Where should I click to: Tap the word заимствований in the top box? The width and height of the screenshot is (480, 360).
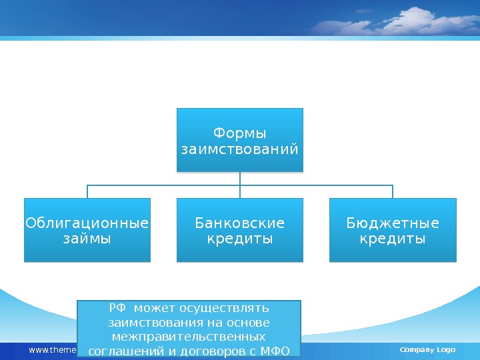(x=239, y=148)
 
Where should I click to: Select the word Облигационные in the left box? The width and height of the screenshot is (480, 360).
(x=87, y=223)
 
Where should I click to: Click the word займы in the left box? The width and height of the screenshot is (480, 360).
(x=87, y=238)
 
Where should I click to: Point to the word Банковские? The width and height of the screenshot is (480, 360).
(x=239, y=223)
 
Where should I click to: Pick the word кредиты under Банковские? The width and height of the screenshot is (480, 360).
(x=239, y=238)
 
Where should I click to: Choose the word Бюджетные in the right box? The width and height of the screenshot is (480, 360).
(x=393, y=223)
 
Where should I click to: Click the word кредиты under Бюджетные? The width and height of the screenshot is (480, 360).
(x=393, y=238)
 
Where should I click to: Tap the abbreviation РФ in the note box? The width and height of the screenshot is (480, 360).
(x=117, y=308)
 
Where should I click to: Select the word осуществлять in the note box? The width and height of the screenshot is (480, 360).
(x=229, y=308)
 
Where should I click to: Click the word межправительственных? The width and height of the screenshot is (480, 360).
(x=189, y=336)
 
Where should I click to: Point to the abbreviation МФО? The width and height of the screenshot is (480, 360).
(x=275, y=351)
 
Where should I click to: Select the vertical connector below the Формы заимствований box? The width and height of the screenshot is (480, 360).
(x=240, y=179)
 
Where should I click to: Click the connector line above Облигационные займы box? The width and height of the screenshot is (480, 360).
(x=87, y=191)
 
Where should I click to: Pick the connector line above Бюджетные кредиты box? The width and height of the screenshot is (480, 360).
(x=393, y=191)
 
